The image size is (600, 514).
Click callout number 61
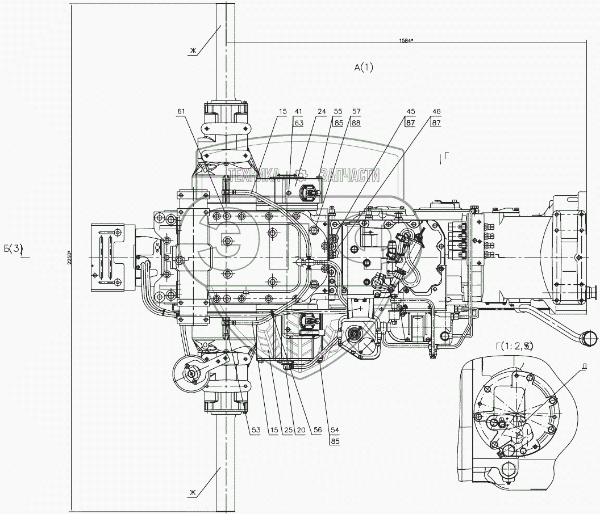click(181, 111)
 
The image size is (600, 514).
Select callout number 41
click(298, 112)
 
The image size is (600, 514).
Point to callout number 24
click(322, 112)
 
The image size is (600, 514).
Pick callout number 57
click(356, 112)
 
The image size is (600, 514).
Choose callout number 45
click(410, 112)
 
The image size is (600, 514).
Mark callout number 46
click(436, 112)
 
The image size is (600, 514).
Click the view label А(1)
click(364, 68)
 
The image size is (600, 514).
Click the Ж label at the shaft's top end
click(193, 52)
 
